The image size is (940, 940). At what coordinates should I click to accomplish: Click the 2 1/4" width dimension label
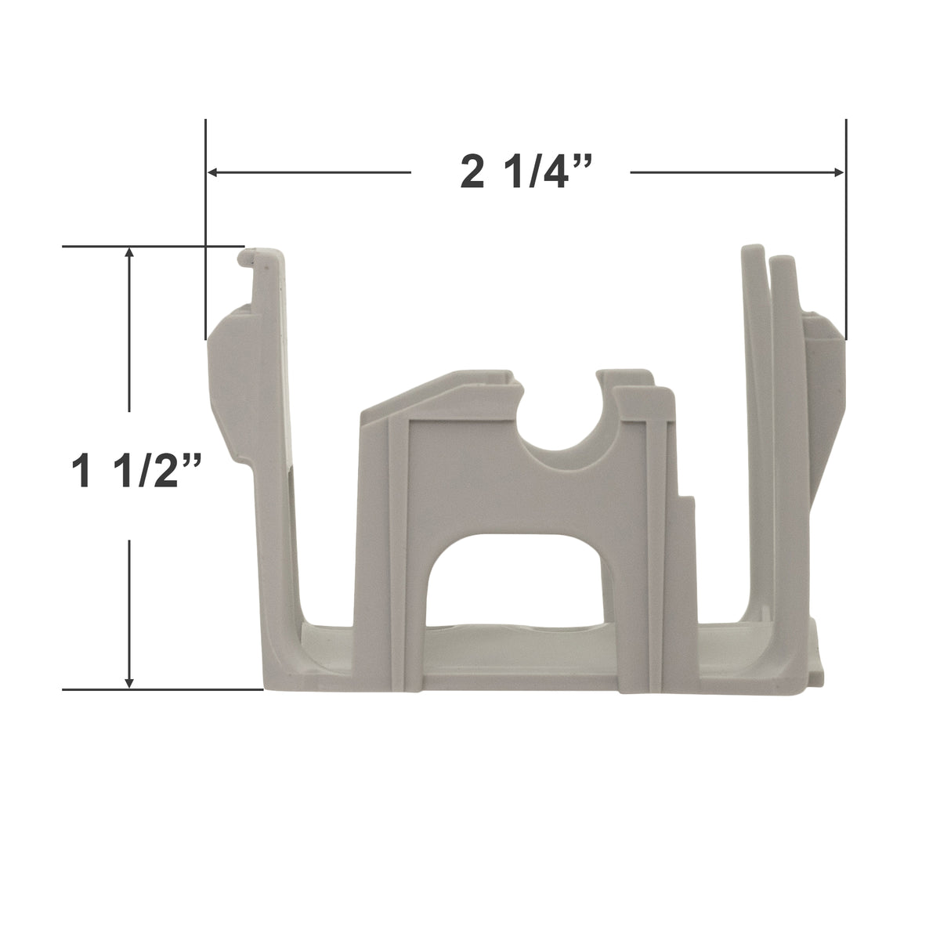pos(520,173)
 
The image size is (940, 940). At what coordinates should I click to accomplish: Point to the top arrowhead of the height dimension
pos(130,255)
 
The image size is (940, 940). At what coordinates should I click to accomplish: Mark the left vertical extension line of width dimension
pos(205,227)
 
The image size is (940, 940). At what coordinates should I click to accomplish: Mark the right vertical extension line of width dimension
pos(845,227)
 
